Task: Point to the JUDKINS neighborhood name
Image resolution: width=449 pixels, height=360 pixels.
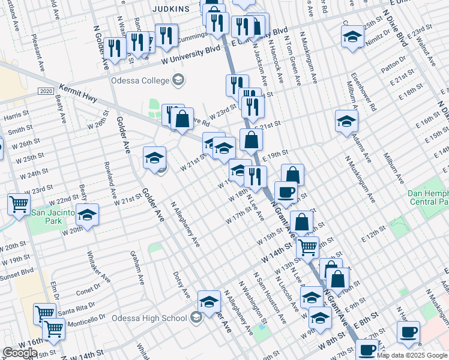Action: point(170,9)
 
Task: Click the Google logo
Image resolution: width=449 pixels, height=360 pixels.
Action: point(20,352)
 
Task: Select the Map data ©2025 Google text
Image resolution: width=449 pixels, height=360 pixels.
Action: point(412,355)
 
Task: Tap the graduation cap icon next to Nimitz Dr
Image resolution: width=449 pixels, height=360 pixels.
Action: point(352,37)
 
